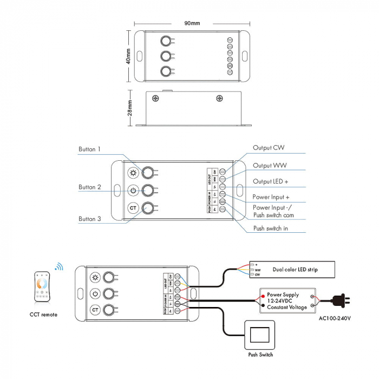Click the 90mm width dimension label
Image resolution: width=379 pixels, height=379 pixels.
pos(192,23)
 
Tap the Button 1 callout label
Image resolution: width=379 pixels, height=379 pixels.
pos(89,149)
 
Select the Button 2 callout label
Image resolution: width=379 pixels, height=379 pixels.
pos(89,187)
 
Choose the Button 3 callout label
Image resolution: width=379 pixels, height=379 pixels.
pos(89,219)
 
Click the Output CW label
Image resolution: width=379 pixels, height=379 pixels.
pos(269,147)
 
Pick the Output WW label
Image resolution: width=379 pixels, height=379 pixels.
pos(270,165)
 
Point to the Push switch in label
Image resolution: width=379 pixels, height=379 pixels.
pos(271,228)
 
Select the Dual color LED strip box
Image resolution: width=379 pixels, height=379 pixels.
pos(292,269)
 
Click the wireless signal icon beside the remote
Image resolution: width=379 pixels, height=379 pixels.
pos(58,266)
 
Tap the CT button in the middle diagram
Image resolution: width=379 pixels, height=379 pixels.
pos(133,208)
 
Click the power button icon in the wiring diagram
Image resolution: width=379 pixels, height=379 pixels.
pos(95,294)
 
